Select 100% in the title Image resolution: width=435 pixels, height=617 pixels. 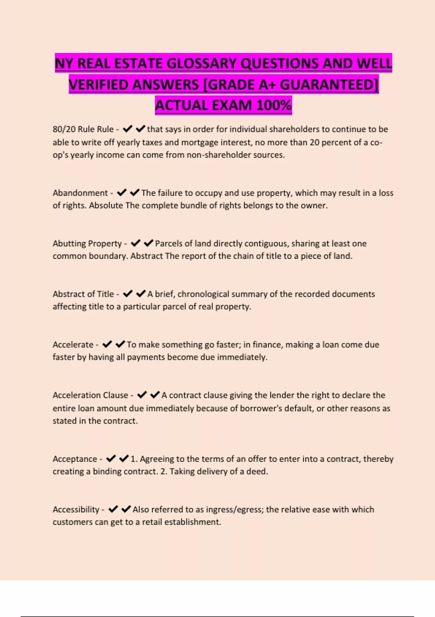(274, 105)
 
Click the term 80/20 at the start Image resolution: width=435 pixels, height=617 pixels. (64, 129)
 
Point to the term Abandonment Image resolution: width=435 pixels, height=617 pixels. (80, 193)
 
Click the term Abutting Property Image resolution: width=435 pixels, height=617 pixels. (87, 243)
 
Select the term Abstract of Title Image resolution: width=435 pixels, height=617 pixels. (83, 294)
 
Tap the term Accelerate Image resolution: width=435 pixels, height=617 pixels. (73, 344)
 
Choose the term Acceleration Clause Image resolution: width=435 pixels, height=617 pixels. (90, 395)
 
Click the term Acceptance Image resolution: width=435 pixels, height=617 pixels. (75, 459)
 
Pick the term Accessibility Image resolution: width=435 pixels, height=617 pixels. (76, 509)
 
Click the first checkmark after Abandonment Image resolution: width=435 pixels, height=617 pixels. (121, 192)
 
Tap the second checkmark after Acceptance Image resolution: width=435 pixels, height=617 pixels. (124, 458)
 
